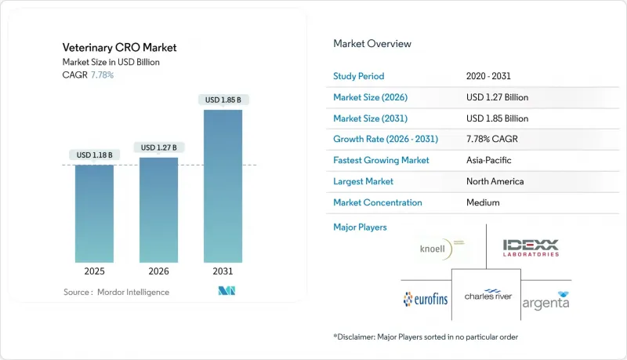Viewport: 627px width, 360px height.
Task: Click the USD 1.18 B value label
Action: (x=95, y=155)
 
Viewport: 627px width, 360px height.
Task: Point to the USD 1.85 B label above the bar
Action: (x=223, y=100)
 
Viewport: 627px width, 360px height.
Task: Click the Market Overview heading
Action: (x=372, y=44)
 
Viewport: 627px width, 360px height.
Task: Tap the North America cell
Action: (x=495, y=181)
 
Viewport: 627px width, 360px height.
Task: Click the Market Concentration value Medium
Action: (x=482, y=202)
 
